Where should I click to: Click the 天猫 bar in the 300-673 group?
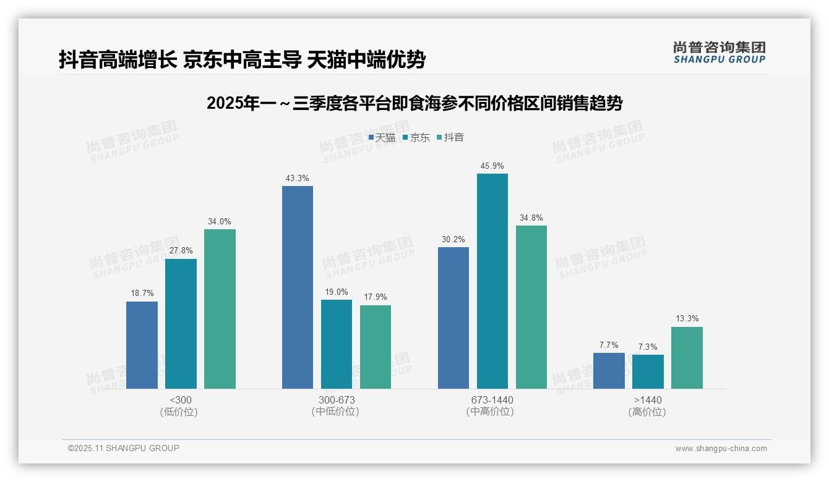(298, 287)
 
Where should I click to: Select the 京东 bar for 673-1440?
(492, 281)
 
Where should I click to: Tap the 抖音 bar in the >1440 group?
(687, 358)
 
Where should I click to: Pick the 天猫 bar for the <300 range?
(142, 345)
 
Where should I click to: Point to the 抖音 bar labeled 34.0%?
(220, 309)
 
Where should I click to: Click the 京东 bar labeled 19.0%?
(337, 344)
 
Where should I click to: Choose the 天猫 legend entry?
(382, 138)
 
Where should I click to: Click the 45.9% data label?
(492, 166)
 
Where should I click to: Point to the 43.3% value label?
(298, 178)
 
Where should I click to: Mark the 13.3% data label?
(687, 319)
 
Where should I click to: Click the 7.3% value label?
(648, 347)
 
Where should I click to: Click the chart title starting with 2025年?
(414, 103)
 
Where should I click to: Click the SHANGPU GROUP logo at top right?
(719, 53)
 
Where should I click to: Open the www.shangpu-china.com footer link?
(721, 449)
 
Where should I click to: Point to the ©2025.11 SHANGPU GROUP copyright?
(123, 448)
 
